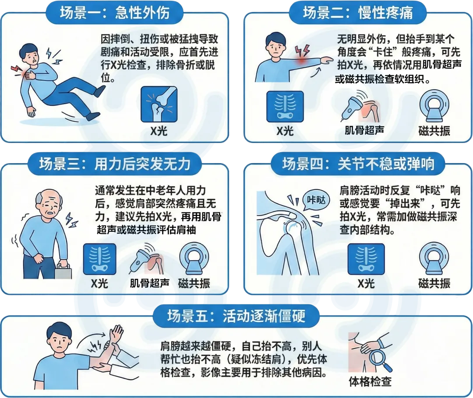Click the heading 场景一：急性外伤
(114, 13)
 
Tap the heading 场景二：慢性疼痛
(358, 13)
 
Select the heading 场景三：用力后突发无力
(115, 164)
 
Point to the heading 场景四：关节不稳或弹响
(358, 164)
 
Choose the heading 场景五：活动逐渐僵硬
(236, 316)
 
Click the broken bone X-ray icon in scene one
(159, 104)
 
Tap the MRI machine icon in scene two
(434, 105)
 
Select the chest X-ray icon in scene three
(99, 259)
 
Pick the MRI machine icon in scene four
(434, 258)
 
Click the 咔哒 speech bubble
(316, 200)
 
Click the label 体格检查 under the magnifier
(370, 381)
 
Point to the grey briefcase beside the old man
(64, 272)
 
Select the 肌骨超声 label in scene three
(150, 283)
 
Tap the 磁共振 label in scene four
(434, 283)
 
